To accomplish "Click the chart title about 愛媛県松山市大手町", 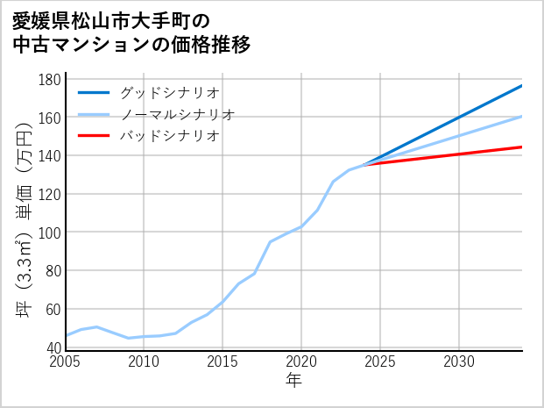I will tap(131, 32).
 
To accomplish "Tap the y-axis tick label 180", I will tap(50, 80).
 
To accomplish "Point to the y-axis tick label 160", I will tap(50, 118).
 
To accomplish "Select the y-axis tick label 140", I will tap(50, 156).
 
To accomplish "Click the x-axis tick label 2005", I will tap(66, 361).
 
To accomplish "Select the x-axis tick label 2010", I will tap(144, 361).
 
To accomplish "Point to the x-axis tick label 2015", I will tap(223, 361).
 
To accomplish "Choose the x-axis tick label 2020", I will tap(301, 361).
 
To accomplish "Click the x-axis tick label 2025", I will tap(380, 361).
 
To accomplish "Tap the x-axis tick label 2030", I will tap(459, 361).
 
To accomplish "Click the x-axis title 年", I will tap(294, 381).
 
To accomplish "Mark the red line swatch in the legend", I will tap(94, 136).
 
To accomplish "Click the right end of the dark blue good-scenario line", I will tap(522, 85).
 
